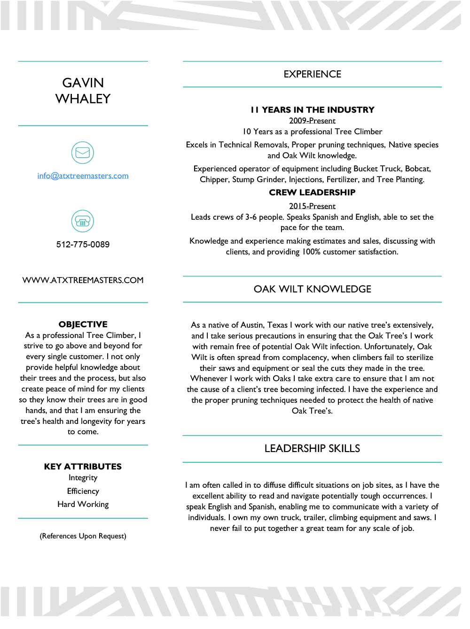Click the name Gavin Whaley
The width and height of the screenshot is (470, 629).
coord(83,91)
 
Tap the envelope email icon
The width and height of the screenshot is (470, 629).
coord(83,153)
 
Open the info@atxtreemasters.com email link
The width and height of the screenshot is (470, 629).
coord(83,176)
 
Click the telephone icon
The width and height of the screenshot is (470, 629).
coord(83,221)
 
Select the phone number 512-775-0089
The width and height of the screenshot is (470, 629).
coord(83,244)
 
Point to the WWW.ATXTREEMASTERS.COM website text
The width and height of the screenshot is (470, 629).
coord(83,280)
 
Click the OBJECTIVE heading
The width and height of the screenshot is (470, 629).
coord(83,324)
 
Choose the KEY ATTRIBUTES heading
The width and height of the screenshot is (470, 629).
coord(83,467)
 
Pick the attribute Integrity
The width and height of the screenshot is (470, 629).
coord(83,477)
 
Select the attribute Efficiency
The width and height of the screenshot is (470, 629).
coord(83,491)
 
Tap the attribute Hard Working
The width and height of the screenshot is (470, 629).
coord(83,504)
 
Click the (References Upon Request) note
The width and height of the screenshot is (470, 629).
coord(83,536)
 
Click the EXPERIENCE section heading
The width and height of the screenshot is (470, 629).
coord(312,74)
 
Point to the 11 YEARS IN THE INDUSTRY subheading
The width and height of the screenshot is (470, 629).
coord(312,110)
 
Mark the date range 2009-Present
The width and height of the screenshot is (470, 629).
coord(312,121)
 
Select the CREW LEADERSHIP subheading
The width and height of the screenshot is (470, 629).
coord(312,192)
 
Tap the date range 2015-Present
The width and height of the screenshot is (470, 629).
coord(312,206)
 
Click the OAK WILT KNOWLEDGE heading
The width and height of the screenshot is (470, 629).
coord(312,289)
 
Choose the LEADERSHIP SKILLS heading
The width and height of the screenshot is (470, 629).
coord(312,448)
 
